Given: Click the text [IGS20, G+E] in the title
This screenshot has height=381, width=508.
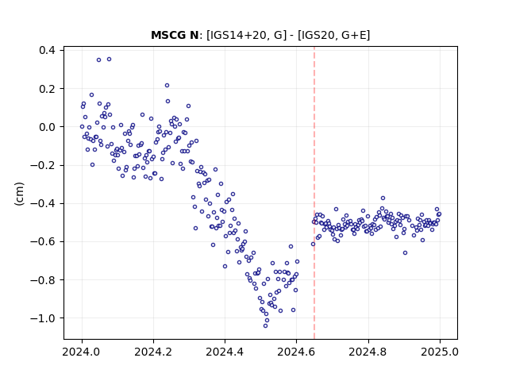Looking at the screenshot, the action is (x=333, y=35).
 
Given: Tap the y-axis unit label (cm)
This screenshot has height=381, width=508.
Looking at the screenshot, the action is (x=19, y=194).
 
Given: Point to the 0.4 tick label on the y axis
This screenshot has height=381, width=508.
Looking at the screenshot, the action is (x=47, y=51).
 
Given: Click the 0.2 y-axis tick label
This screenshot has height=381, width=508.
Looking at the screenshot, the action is (x=47, y=89).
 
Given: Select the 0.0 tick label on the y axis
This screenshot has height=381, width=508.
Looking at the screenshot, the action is (x=47, y=127).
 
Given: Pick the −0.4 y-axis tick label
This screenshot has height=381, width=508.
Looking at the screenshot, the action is (x=43, y=203).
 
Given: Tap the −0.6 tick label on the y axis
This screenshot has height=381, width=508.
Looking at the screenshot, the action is (x=43, y=241).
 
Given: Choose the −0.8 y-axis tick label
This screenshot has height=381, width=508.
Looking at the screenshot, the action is (x=43, y=280).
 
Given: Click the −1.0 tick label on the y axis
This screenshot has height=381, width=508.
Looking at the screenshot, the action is (x=43, y=318).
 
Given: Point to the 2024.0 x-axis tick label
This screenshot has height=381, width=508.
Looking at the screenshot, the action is (x=81, y=352).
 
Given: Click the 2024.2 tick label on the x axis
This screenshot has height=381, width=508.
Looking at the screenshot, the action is (x=153, y=352).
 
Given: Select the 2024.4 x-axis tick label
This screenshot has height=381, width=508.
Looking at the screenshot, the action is (x=225, y=352).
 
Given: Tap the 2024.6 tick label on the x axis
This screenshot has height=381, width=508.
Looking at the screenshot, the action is (x=296, y=352).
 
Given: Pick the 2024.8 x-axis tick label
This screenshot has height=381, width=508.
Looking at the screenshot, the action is (x=368, y=352).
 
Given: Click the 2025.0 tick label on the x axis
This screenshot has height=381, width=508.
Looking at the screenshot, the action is (x=440, y=352).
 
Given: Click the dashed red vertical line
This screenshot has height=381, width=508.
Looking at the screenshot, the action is (x=314, y=193).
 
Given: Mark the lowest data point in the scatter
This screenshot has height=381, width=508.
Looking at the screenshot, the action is (x=265, y=325).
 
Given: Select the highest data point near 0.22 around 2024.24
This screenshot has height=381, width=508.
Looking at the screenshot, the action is (x=167, y=86).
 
